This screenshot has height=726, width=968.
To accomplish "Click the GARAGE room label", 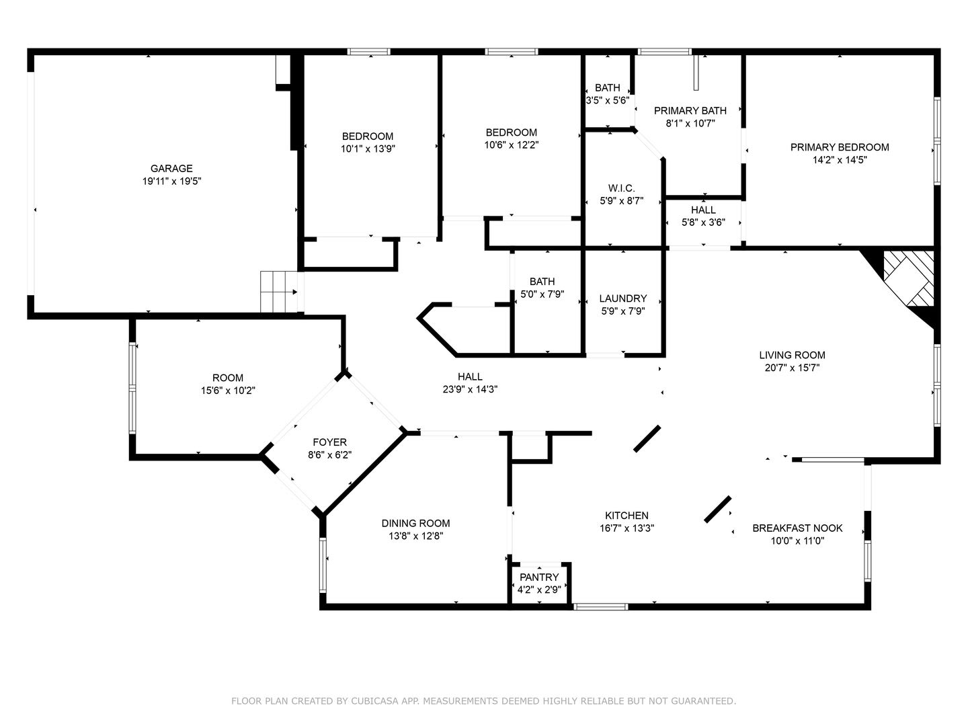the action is pyautogui.click(x=171, y=168).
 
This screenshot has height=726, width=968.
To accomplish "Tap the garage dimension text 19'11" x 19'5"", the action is pyautogui.click(x=171, y=182).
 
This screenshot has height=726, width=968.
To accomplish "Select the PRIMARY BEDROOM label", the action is pyautogui.click(x=839, y=147).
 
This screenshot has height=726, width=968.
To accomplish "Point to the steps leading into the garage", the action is pyautogui.click(x=279, y=292).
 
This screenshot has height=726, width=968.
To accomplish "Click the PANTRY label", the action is pyautogui.click(x=539, y=577).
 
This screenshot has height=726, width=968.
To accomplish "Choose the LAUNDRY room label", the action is pyautogui.click(x=622, y=298).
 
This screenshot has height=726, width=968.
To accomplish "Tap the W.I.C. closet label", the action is pyautogui.click(x=621, y=188).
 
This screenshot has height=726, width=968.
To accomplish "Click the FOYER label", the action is pyautogui.click(x=329, y=442).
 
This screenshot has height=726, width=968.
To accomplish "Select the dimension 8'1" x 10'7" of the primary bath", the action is pyautogui.click(x=690, y=124).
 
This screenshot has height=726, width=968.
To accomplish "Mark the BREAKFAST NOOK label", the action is pyautogui.click(x=797, y=528).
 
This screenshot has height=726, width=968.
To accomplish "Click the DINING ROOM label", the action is pyautogui.click(x=415, y=523).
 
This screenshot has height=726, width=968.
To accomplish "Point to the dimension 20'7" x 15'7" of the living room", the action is pyautogui.click(x=792, y=368).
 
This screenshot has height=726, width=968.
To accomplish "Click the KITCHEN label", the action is pyautogui.click(x=627, y=516).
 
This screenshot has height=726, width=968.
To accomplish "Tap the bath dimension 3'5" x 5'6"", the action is pyautogui.click(x=607, y=101).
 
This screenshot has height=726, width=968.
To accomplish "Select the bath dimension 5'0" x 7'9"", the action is pyautogui.click(x=542, y=294).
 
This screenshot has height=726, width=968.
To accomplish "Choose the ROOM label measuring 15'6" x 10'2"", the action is pyautogui.click(x=228, y=378).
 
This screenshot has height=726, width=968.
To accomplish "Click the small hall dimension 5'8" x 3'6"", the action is pyautogui.click(x=703, y=223).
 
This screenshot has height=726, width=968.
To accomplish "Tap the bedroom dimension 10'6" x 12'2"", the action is pyautogui.click(x=511, y=145).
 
